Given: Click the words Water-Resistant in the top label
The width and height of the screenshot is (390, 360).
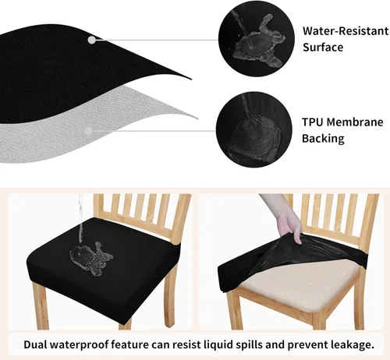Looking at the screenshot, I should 344,31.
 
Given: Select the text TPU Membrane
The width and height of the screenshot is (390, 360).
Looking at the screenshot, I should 343,123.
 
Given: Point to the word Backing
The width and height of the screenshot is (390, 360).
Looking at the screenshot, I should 323,139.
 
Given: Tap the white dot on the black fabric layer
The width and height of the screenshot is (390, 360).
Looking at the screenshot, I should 92,39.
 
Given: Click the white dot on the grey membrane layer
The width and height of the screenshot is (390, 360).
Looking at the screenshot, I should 90,131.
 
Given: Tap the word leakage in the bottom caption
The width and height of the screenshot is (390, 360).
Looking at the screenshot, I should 351,344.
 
